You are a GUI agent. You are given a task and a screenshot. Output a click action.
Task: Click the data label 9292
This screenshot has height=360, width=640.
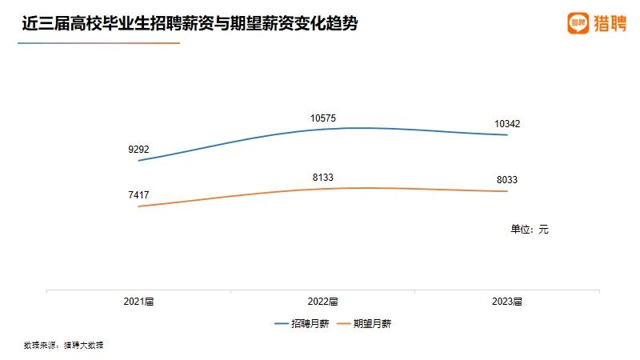point(138,149)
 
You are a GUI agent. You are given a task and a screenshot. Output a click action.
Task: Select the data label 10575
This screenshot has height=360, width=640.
point(323,118)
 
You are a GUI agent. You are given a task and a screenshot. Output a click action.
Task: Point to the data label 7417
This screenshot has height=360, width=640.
point(138,194)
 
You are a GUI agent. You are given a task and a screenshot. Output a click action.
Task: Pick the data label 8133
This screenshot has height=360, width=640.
point(323,178)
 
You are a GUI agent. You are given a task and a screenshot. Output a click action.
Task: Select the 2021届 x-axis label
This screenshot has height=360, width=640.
point(138,302)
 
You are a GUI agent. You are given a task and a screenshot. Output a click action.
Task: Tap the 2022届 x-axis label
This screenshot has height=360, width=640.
point(323,302)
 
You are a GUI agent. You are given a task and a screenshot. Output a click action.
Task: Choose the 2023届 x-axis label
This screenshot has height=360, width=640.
point(507,302)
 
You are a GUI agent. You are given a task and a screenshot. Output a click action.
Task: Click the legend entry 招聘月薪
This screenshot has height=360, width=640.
point(301,324)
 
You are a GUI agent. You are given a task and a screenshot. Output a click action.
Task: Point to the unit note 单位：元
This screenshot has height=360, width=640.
point(530,229)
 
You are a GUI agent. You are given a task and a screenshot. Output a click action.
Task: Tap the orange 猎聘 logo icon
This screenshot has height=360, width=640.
point(578,23)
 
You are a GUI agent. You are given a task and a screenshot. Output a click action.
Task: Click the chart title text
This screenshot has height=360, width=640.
point(190,25)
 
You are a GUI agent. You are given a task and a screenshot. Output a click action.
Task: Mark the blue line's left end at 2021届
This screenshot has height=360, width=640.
point(139,161)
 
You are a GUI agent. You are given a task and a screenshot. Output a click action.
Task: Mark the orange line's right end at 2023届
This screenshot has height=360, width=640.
point(507,191)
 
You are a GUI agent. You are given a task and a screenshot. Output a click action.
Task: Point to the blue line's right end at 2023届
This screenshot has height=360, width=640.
point(507,134)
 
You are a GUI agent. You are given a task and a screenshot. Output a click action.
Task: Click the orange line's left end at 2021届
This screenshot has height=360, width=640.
point(139,206)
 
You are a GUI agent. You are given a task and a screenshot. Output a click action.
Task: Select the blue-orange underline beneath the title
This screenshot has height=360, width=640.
point(98,43)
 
